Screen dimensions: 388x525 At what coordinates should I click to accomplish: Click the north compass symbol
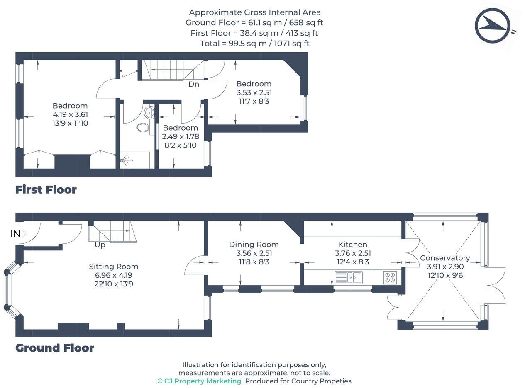click(x=492, y=26)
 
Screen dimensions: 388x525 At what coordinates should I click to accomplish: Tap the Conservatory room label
click(x=445, y=258)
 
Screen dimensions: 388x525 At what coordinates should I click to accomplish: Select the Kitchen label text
click(x=352, y=245)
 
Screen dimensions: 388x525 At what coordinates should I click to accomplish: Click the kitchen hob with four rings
click(x=390, y=277)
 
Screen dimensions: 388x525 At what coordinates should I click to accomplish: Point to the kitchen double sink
click(x=349, y=277)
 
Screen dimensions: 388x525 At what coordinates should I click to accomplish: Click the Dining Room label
click(x=254, y=245)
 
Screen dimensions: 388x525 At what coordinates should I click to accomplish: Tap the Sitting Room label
click(x=113, y=267)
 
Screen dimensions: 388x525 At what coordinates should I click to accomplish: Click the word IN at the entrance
click(x=15, y=234)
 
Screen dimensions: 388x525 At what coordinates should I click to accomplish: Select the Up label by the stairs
click(x=100, y=245)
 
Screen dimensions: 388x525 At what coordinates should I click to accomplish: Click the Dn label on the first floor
click(x=193, y=84)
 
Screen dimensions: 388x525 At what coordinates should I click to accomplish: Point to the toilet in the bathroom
click(x=143, y=127)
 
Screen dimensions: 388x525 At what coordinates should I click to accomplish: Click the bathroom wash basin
click(x=149, y=112)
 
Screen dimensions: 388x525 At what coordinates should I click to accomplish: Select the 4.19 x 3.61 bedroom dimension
click(x=70, y=114)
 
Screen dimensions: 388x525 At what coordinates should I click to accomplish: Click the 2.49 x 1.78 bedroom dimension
click(x=180, y=136)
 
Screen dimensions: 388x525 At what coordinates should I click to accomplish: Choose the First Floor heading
click(x=46, y=189)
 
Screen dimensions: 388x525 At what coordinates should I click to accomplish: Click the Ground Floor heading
click(x=55, y=348)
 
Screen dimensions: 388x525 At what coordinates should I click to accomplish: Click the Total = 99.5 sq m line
click(x=254, y=43)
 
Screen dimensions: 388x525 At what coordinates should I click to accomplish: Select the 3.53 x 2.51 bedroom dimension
click(x=254, y=92)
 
